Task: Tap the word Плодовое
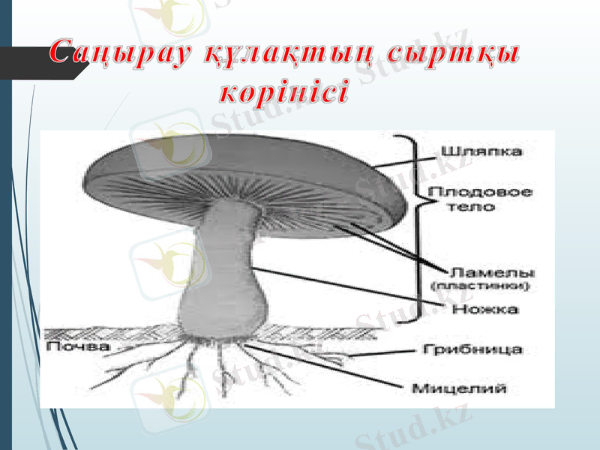[481, 192]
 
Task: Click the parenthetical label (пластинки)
[481, 286]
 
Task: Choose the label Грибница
[472, 349]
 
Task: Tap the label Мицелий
[470, 388]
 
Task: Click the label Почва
[78, 347]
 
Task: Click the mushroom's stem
[225, 247]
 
